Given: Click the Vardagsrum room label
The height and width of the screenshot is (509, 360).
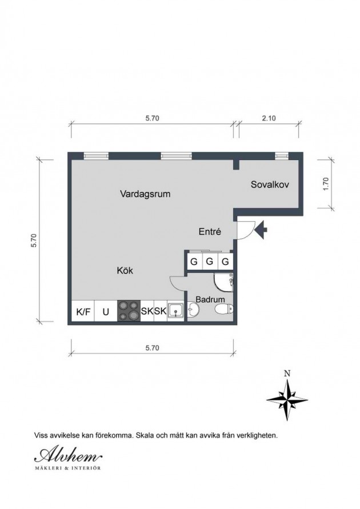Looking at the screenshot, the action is (x=145, y=194).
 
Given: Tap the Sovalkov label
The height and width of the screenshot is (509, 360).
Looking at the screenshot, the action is (x=270, y=185).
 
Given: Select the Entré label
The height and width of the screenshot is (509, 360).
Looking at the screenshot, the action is (x=210, y=231).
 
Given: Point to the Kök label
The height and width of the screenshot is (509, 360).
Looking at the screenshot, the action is (x=125, y=270).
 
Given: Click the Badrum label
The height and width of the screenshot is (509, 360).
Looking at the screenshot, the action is (x=210, y=299).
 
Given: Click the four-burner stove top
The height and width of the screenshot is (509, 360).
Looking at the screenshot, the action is (x=129, y=311).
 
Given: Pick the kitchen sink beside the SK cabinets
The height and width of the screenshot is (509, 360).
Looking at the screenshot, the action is (x=175, y=311).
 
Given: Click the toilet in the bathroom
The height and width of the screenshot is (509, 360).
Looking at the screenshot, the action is (x=224, y=308).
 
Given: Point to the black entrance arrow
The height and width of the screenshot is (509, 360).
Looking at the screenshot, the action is (x=261, y=230).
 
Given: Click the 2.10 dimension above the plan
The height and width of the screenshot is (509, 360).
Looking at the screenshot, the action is (x=269, y=118).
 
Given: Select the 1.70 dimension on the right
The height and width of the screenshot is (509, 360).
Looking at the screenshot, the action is (x=326, y=184).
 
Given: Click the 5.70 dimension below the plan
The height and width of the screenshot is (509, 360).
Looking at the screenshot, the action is (x=152, y=348).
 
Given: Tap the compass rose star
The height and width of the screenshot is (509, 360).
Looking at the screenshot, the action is (x=287, y=399).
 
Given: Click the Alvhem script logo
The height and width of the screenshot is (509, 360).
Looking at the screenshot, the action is (x=69, y=456).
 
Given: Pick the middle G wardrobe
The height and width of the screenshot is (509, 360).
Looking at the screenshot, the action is (x=210, y=261).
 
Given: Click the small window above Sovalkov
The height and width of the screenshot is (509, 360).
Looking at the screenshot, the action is (x=282, y=156).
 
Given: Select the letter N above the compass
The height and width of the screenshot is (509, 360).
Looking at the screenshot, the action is (x=287, y=373).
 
